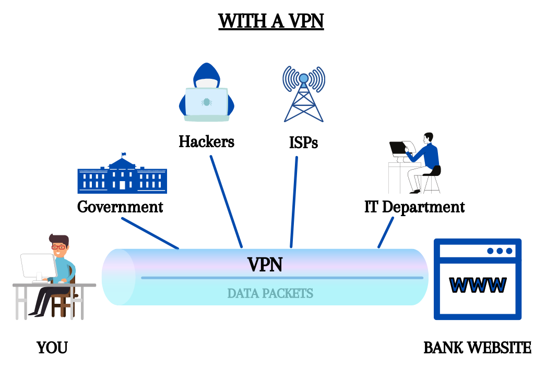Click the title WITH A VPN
click(x=271, y=21)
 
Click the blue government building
click(x=122, y=175)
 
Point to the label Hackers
click(x=206, y=141)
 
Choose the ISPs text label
click(x=303, y=142)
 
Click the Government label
click(x=120, y=207)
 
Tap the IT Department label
click(x=414, y=207)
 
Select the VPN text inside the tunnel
click(x=265, y=265)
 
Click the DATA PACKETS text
click(x=270, y=293)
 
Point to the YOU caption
click(x=52, y=348)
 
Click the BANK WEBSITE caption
click(x=477, y=348)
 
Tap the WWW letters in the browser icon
click(x=478, y=284)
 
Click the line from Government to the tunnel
click(x=150, y=233)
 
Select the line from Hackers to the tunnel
click(x=227, y=201)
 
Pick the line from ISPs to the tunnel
click(x=294, y=201)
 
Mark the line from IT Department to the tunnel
click(x=386, y=232)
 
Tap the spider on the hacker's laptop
click(x=206, y=102)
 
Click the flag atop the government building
click(x=124, y=154)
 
